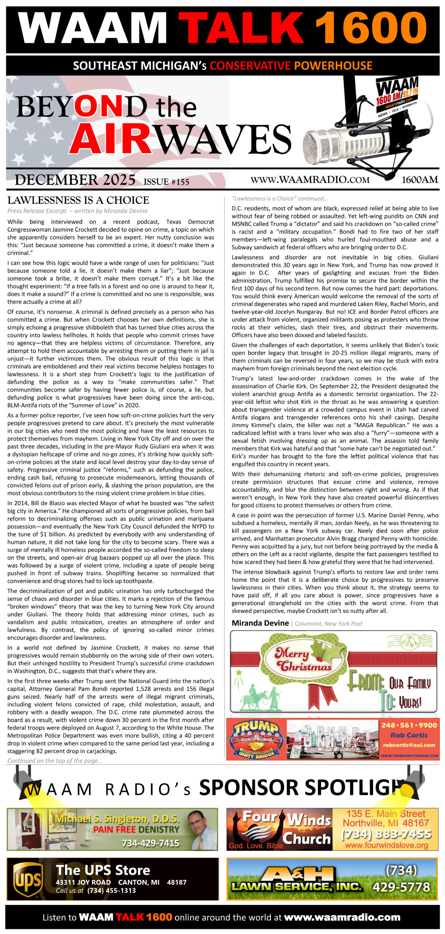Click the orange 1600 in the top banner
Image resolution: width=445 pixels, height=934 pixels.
pyautogui.click(x=371, y=28)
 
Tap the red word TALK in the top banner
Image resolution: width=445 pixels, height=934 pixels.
pyautogui.click(x=244, y=28)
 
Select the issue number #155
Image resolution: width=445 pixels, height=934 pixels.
pyautogui.click(x=166, y=182)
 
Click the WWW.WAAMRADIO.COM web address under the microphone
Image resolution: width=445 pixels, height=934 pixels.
pyautogui.click(x=310, y=180)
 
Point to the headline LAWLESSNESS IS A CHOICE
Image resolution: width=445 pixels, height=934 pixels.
pyautogui.click(x=78, y=200)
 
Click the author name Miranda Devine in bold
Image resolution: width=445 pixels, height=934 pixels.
pyautogui.click(x=260, y=623)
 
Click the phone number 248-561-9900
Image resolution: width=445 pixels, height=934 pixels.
pyautogui.click(x=409, y=725)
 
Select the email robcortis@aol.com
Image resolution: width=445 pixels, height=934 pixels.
pyautogui.click(x=409, y=745)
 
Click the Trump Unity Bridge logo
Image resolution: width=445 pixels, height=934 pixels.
pyautogui.click(x=256, y=739)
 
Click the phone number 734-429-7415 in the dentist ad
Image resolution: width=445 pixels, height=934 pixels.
pyautogui.click(x=150, y=843)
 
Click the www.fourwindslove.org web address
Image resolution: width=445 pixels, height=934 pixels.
pyautogui.click(x=386, y=845)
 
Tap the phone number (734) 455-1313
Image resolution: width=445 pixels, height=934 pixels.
pyautogui.click(x=111, y=891)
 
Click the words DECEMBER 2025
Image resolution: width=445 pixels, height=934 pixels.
pyautogui.click(x=75, y=180)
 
